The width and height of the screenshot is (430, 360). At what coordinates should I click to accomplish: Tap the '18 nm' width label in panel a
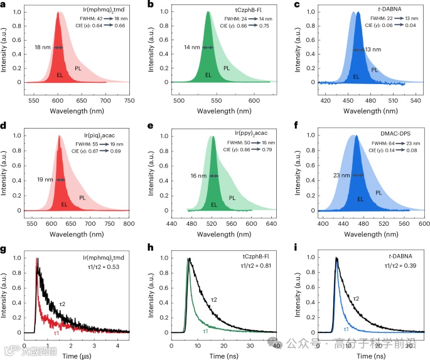[41, 47]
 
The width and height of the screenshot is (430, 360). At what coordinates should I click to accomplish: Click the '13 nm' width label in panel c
[372, 50]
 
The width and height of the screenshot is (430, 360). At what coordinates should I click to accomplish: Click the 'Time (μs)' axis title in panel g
[75, 355]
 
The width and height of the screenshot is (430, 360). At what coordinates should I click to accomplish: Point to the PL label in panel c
[375, 70]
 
